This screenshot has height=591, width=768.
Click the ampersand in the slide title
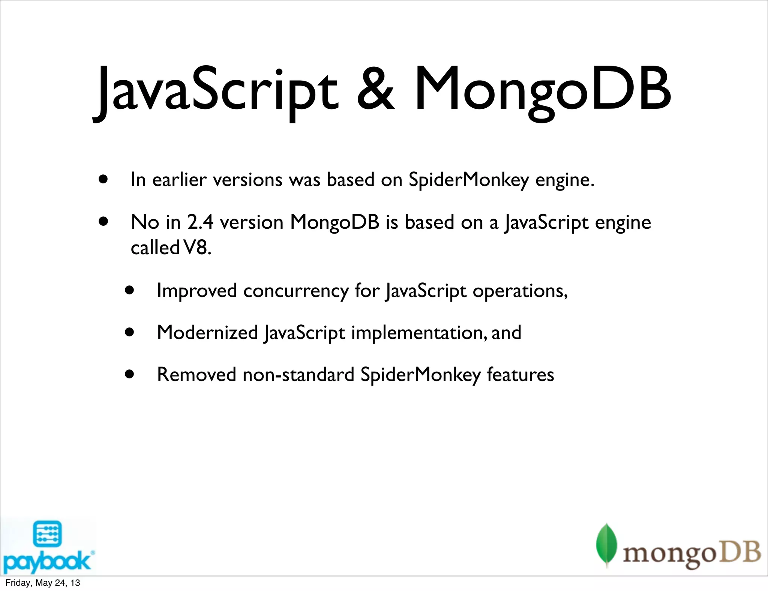(375, 89)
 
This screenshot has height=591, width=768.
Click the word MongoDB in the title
(542, 90)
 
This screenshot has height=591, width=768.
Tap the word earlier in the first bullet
(179, 179)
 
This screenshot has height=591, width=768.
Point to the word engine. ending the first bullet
(565, 180)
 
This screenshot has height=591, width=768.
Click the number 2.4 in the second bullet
(200, 222)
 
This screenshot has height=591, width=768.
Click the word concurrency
(296, 291)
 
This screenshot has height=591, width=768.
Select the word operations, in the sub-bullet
(520, 291)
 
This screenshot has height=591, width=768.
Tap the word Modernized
(207, 333)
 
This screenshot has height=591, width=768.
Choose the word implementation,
(419, 333)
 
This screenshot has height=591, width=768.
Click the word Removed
(196, 374)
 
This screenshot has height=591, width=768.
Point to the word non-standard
(298, 374)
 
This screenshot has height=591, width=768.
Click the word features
(520, 374)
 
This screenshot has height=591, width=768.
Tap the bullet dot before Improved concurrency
(130, 290)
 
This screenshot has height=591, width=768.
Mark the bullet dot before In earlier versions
(103, 179)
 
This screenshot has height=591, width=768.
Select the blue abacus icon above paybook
(47, 534)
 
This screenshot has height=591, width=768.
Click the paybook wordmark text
(47, 561)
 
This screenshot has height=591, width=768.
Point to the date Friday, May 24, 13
(43, 583)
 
